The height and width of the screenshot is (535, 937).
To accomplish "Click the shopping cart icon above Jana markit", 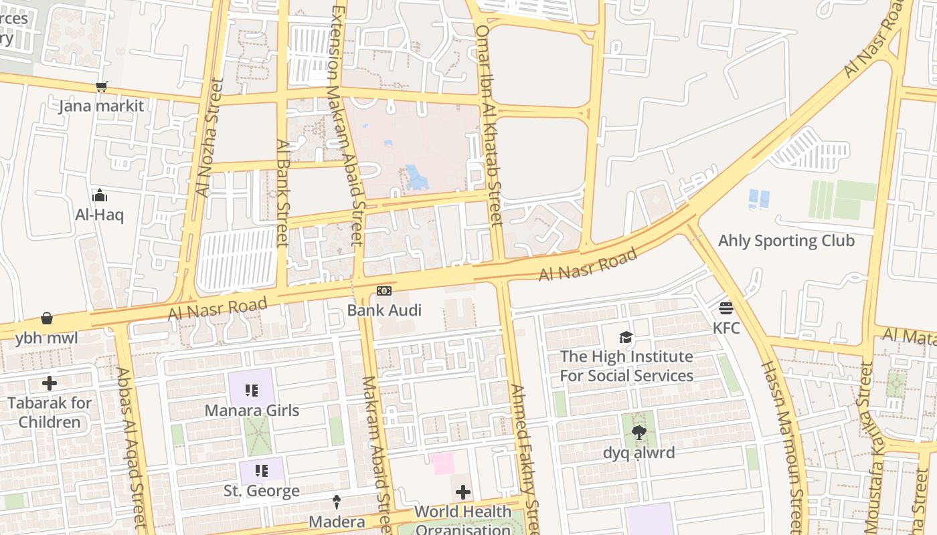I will point(101,86).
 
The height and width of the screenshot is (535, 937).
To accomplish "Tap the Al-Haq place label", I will point(99,215).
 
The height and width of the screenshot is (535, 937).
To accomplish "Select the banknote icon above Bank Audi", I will point(384,291).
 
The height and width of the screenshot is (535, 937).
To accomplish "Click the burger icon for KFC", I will point(726,308).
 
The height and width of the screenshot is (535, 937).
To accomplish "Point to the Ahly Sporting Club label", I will point(786,241).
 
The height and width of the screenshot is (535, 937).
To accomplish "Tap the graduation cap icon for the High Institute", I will point(626,338).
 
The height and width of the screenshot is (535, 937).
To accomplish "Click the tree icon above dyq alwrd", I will point(638,433).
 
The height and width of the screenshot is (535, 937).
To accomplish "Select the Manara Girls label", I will point(252,410).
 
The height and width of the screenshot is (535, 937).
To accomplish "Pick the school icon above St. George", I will point(261,471).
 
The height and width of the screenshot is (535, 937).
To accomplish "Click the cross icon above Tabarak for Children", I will point(50,383).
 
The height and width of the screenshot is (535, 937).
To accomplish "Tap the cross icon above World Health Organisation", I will point(462,493).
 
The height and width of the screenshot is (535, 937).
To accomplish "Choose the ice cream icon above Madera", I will point(337,502).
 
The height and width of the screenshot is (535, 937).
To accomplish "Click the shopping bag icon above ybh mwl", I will point(47,318).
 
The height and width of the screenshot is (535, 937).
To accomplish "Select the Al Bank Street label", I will point(282,193).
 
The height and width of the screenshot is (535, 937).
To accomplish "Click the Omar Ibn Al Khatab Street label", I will point(489,125).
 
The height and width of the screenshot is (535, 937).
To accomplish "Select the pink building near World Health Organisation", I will point(442,463).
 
